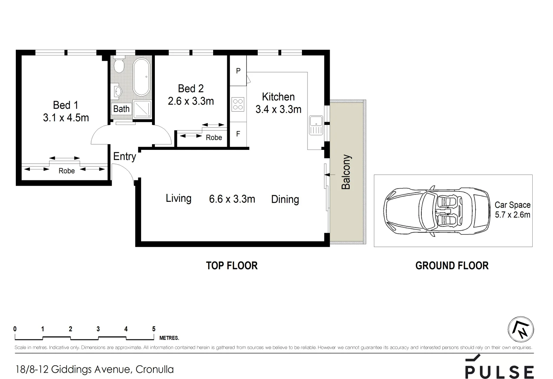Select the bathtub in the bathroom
[141, 77]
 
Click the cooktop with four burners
[238, 104]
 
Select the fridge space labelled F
[238, 134]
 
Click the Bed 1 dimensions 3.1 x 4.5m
[66, 118]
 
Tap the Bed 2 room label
[191, 88]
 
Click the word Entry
[124, 157]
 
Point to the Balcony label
[346, 172]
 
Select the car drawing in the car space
[436, 211]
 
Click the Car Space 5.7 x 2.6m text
[512, 210]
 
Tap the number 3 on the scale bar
[98, 329]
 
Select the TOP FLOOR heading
[232, 266]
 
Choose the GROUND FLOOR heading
[452, 266]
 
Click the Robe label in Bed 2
[214, 138]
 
